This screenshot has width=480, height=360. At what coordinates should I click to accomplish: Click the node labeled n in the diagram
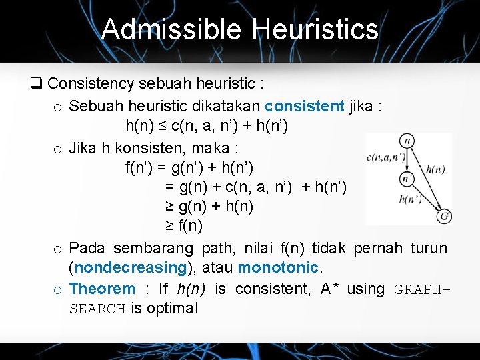point(407,141)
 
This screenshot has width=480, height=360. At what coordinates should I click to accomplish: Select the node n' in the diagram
point(407,179)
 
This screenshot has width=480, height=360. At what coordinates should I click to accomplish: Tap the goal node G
point(444,216)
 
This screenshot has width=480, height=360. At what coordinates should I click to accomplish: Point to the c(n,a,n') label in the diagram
point(385,158)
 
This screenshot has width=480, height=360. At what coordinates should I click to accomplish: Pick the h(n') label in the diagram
point(410,198)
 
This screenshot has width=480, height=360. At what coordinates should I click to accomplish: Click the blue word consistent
point(304,105)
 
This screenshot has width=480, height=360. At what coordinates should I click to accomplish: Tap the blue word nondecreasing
point(131,267)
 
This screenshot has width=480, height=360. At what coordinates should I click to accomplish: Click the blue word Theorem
point(102,289)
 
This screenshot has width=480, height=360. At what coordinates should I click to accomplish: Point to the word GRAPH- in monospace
point(423,289)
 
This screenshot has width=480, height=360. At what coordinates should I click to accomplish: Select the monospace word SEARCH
point(97,309)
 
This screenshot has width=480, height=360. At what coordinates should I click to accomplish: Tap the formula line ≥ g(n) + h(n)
point(209,207)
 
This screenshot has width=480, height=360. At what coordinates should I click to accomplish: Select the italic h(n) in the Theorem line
point(191,289)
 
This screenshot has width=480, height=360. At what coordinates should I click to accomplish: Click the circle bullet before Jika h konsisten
point(58,147)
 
